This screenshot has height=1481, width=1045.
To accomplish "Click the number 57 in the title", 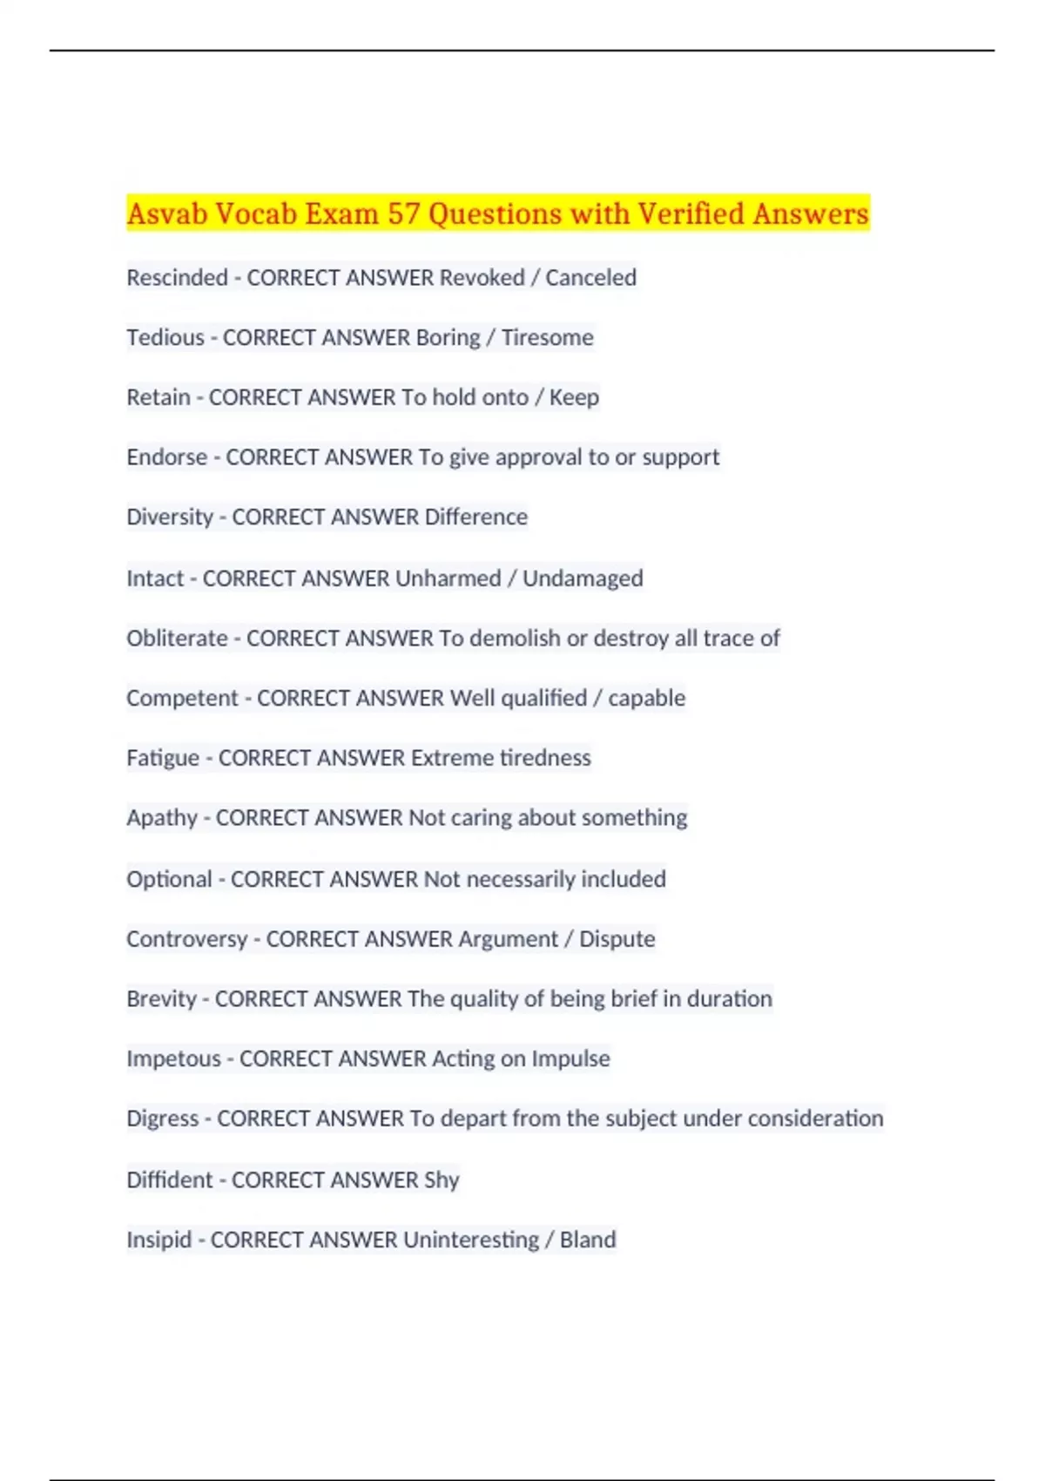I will (x=403, y=213).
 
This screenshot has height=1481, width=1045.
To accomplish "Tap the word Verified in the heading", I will (x=691, y=213).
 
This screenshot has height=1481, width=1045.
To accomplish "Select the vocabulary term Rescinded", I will (x=177, y=278).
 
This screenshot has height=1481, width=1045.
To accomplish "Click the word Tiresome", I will (x=547, y=337).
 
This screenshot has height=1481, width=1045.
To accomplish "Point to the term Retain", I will (x=158, y=397).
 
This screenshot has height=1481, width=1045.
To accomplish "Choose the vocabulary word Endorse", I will (x=167, y=457).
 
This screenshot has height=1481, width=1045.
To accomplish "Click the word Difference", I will (x=475, y=517).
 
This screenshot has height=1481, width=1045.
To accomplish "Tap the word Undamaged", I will (x=583, y=578).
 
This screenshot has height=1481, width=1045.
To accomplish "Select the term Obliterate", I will (x=177, y=639).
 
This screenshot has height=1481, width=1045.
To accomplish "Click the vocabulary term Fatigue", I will (x=163, y=758).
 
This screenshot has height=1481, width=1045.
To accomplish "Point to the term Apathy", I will (x=162, y=818).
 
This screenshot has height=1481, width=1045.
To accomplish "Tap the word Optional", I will (x=169, y=879).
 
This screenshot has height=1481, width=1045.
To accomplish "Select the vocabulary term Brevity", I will (x=161, y=998).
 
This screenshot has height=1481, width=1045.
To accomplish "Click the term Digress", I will (x=163, y=1119).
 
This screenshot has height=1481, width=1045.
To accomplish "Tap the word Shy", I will (x=442, y=1180).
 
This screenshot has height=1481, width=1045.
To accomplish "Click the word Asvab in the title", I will (x=166, y=213).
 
